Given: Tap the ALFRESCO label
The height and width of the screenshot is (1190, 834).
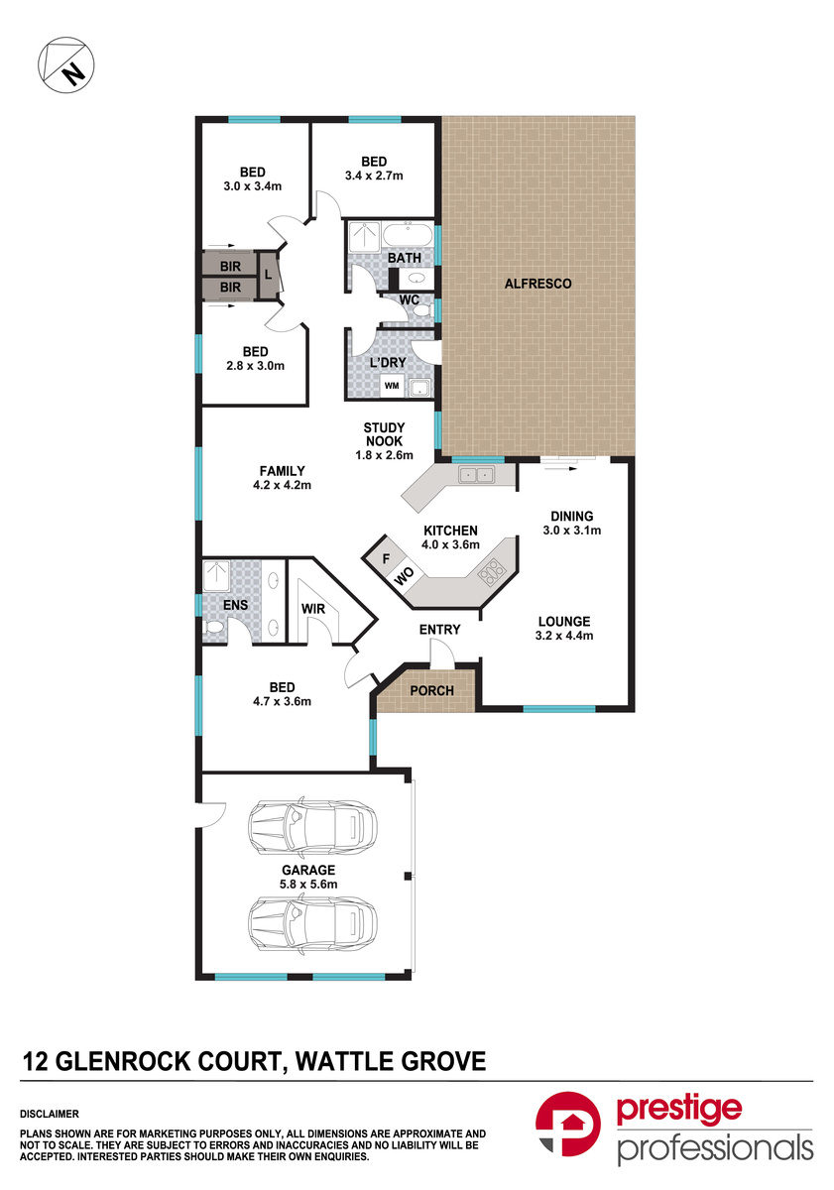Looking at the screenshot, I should point(538,284).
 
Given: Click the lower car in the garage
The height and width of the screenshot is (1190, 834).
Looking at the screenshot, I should point(312,923).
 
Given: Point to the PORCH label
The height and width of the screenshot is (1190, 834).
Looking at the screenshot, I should point(431,691).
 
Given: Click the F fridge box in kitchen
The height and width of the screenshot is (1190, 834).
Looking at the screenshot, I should point(386,558).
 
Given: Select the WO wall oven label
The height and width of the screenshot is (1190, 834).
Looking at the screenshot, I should point(405,575).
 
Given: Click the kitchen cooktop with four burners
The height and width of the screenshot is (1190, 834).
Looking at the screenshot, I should point(492,570).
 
